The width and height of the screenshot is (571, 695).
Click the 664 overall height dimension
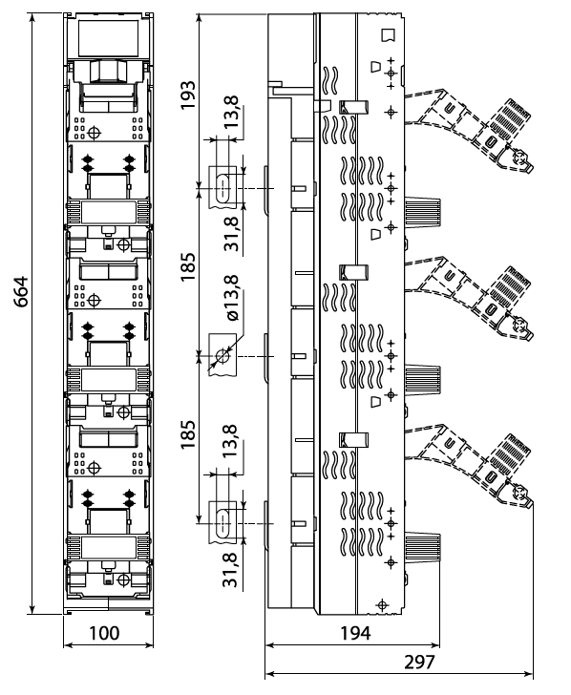tap(20, 291)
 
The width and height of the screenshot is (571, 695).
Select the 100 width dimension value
tap(105, 633)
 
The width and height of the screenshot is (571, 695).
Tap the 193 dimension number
tap(187, 95)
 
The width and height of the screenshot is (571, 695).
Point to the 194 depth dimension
tap(355, 633)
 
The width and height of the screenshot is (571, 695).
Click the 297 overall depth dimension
tap(419, 663)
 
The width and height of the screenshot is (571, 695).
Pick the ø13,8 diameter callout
tap(232, 298)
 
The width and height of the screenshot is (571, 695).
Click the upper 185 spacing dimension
tap(187, 266)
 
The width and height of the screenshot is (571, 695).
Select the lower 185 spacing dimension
tap(187, 434)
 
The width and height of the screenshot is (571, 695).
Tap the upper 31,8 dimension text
tap(231, 233)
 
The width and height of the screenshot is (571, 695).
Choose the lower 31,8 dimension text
tap(231, 570)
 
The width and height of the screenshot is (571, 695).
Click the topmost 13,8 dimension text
tap(231, 112)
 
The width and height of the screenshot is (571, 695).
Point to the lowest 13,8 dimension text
tap(231, 441)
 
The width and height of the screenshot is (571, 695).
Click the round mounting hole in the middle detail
tap(222, 356)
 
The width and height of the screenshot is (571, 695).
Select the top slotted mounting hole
tap(222, 188)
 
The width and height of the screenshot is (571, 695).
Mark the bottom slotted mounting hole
tap(222, 524)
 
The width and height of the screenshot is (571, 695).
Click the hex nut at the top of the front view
tap(108, 72)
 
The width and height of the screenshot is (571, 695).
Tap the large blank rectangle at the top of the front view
tap(108, 38)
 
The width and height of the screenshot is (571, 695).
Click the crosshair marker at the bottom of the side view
tap(382, 604)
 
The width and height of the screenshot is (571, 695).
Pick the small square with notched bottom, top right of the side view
tap(388, 35)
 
